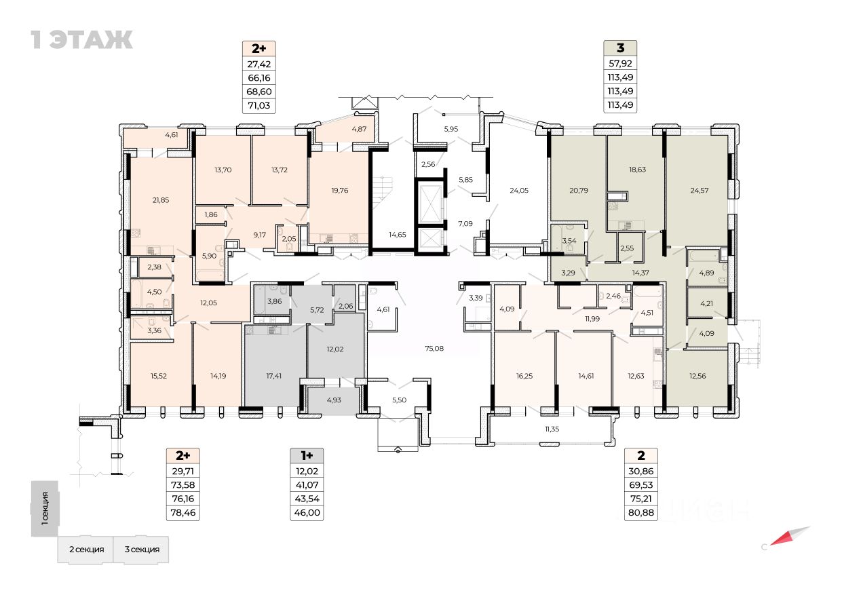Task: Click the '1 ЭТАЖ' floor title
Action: tap(81, 39)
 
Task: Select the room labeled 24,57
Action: tap(699, 190)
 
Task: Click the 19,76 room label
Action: tap(340, 190)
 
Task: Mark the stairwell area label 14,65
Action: tap(397, 234)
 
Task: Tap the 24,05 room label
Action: tap(519, 190)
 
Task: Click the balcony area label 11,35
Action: tap(555, 428)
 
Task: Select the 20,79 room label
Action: tap(579, 190)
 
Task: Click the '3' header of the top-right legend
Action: tap(620, 48)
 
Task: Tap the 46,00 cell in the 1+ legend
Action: tap(306, 513)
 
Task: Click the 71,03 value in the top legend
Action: tap(259, 105)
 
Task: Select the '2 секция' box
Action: tap(85, 549)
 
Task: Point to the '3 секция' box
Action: tap(141, 549)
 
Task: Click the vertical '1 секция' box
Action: tap(45, 509)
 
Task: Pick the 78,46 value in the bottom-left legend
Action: tap(183, 513)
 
